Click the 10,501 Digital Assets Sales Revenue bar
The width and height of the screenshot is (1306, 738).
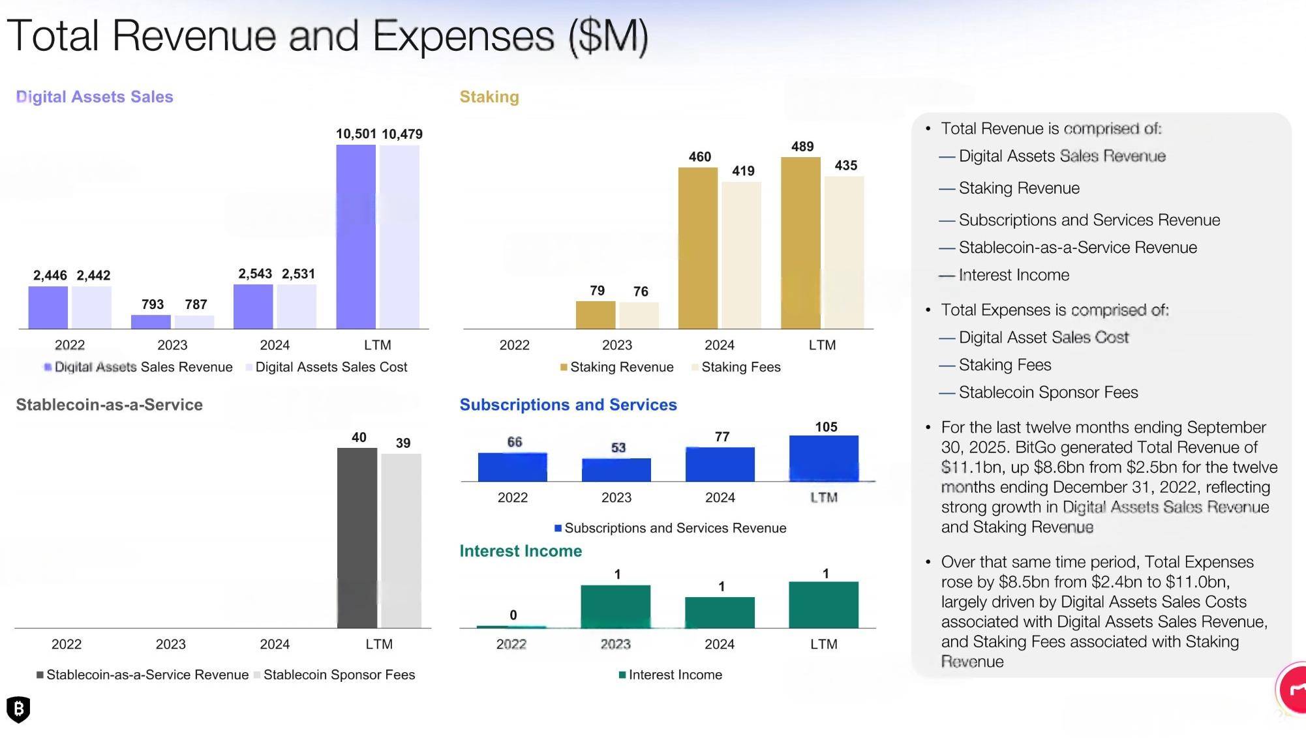point(356,237)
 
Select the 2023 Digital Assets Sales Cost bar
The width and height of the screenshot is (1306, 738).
point(194,322)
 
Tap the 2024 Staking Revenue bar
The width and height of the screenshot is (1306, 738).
point(697,248)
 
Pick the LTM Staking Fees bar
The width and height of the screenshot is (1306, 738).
point(844,252)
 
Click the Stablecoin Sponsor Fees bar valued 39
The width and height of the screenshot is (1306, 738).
point(401,540)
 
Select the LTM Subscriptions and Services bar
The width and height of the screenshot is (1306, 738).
point(824,458)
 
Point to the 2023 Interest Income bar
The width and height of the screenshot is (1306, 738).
point(615,606)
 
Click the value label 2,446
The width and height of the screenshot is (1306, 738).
point(50,275)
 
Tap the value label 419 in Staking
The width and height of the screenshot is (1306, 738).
point(743,171)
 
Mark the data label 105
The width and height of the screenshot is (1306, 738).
point(826,427)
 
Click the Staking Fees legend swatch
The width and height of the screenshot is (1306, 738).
point(695,368)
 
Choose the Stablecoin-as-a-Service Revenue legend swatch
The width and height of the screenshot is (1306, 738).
point(40,675)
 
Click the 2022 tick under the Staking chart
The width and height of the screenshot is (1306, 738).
point(514,345)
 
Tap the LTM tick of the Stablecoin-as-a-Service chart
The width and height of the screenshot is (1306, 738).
point(379,644)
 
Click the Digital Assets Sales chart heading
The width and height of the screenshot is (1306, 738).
point(95,96)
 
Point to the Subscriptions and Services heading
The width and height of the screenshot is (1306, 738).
point(568,405)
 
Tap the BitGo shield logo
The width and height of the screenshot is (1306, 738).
point(18,709)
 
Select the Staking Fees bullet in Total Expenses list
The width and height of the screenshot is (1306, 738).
point(1005,365)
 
